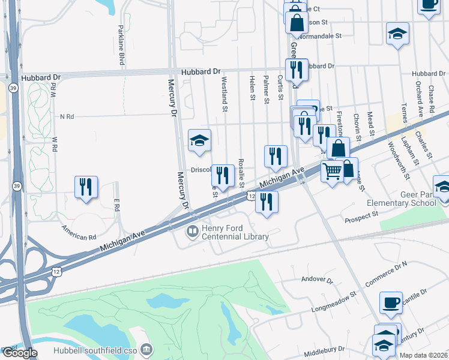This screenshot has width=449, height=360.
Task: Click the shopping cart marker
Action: click(332, 172)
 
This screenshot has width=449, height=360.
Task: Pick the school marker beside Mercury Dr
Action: click(200, 140)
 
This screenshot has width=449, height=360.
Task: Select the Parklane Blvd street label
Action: click(121, 46)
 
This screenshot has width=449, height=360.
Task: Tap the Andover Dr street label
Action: click(317, 280)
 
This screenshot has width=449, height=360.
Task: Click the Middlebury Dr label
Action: click(324, 349)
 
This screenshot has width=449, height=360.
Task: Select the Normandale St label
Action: click(322, 36)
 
